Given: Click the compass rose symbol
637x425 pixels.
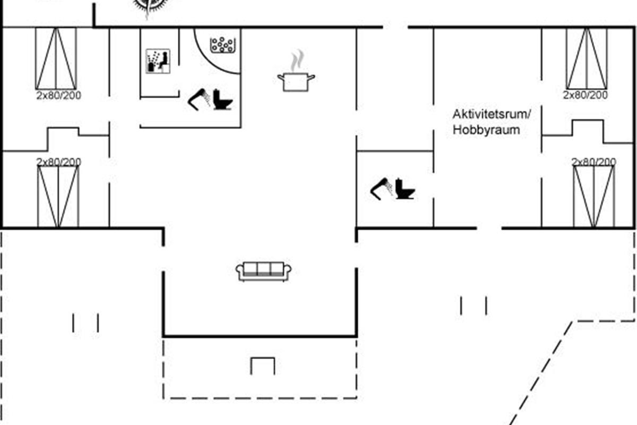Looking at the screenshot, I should pos(148,5).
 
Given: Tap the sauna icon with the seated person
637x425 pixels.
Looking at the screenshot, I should pos(158,61).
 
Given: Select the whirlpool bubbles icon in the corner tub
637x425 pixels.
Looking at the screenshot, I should pos(222,45).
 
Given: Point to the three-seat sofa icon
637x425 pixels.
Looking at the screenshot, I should pos(264,270).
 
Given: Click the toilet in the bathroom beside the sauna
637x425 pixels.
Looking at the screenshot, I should pos(222,100).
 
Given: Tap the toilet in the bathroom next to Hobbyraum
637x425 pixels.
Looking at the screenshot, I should pos(405,189).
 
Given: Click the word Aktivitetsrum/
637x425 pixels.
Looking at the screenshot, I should pos(492,114).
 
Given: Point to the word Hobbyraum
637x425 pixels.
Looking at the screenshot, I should pos(486,130).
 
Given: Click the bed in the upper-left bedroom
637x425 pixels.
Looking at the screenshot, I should pos(56,58).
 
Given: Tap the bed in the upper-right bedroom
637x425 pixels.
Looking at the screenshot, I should pos(586,58).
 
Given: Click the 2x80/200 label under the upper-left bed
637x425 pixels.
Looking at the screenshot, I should pos(58,96).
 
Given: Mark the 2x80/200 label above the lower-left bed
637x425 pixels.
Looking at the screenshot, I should pos(58,161).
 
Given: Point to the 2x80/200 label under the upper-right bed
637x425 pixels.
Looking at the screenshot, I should pos(586,96).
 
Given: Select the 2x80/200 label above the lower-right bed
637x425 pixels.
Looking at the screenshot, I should pos(594,161).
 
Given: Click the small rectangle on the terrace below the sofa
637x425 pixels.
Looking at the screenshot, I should pos(263,366).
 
